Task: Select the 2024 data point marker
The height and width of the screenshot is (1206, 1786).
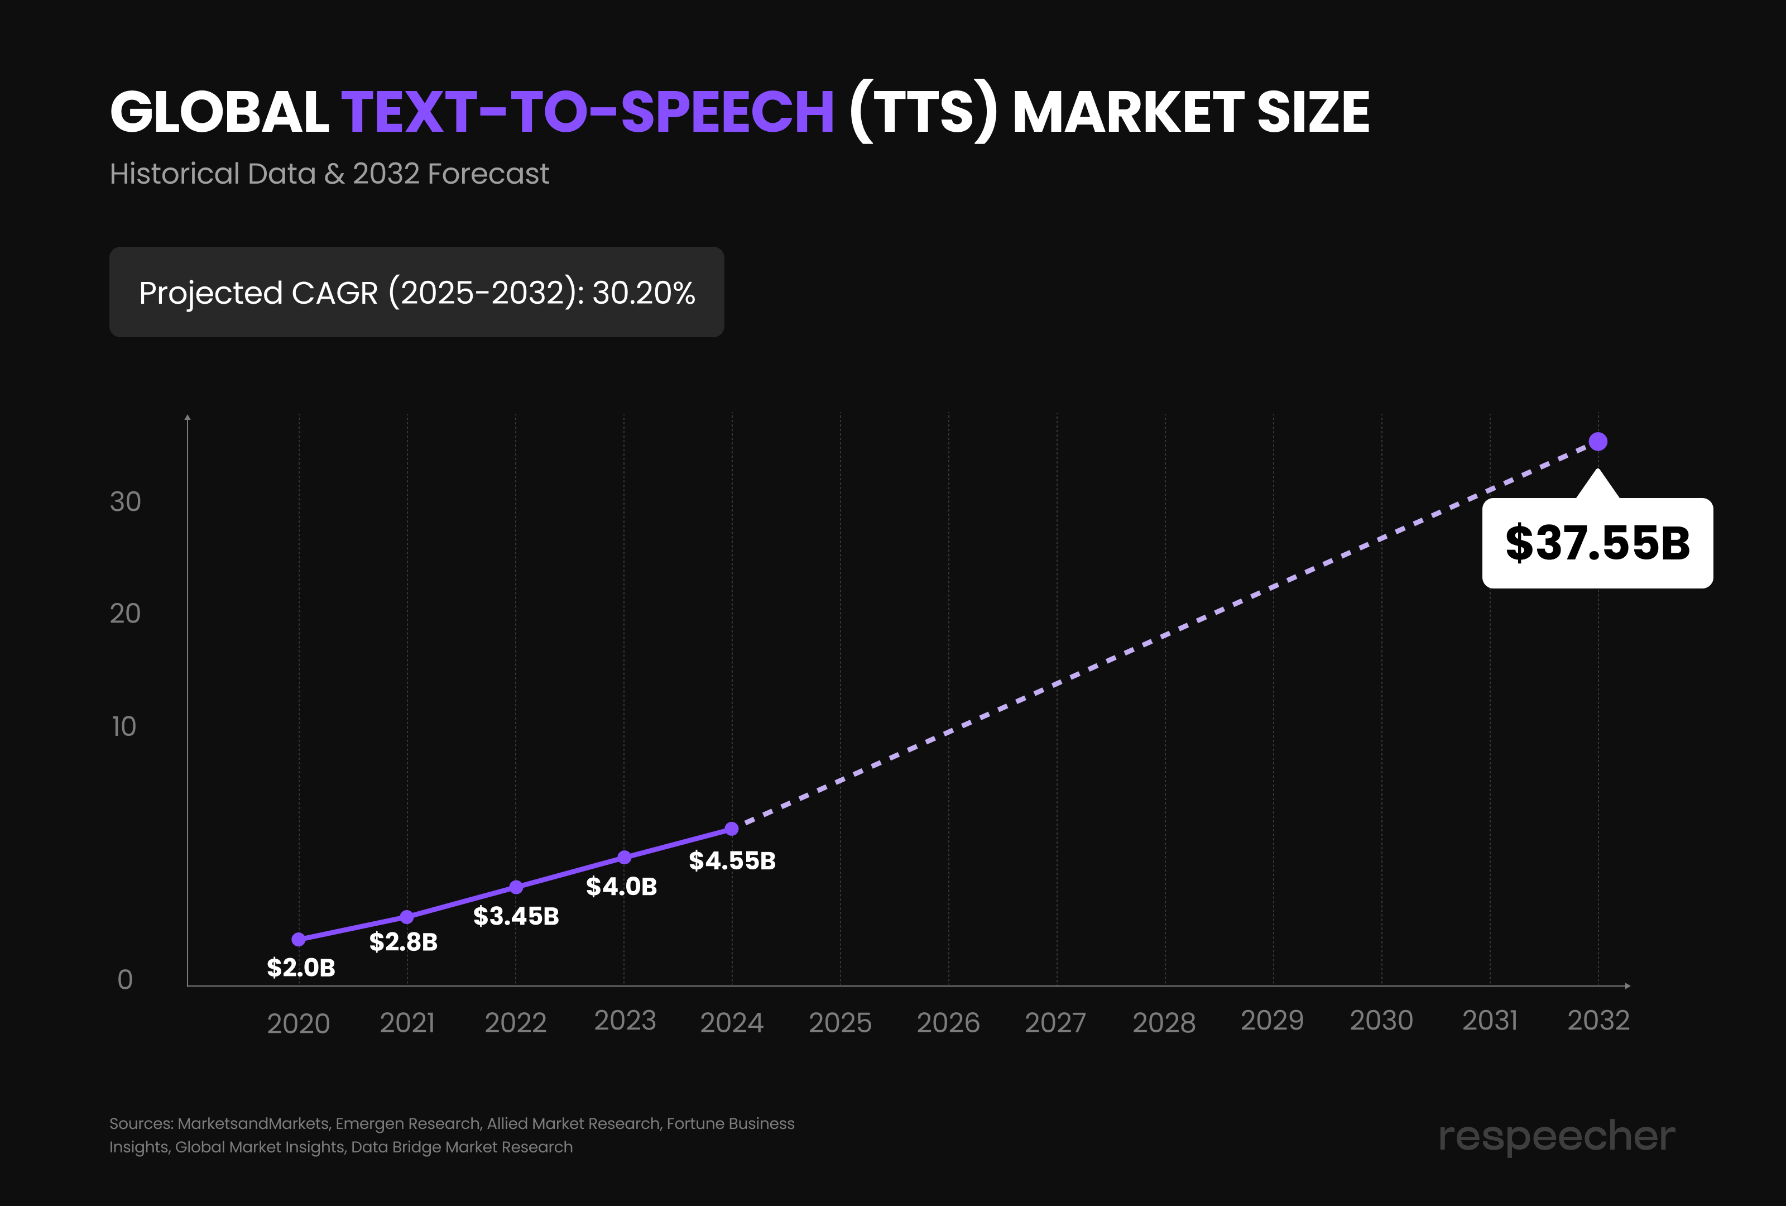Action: click(x=732, y=829)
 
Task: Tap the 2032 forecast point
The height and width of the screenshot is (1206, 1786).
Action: click(x=1598, y=442)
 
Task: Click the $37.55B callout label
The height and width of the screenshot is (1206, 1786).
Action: click(x=1597, y=543)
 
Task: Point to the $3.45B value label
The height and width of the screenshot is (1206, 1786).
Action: click(x=516, y=916)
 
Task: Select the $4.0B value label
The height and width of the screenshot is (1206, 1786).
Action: click(x=621, y=887)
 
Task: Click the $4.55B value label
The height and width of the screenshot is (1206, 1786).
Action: click(x=732, y=861)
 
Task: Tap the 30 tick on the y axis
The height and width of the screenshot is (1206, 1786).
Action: click(x=125, y=502)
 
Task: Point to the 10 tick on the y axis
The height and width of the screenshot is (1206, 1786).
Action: click(x=124, y=726)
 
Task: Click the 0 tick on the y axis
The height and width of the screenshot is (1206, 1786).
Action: click(x=125, y=980)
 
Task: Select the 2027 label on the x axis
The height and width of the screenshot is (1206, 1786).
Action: click(x=1055, y=1022)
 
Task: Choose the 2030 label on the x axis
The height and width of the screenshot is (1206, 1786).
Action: click(x=1381, y=1021)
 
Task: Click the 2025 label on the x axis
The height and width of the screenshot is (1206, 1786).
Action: click(x=840, y=1022)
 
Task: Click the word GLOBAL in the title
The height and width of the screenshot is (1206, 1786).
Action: click(x=220, y=112)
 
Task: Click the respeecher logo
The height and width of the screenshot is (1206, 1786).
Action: click(x=1556, y=1136)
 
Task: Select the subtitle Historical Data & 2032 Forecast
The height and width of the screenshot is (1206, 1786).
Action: click(x=329, y=174)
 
